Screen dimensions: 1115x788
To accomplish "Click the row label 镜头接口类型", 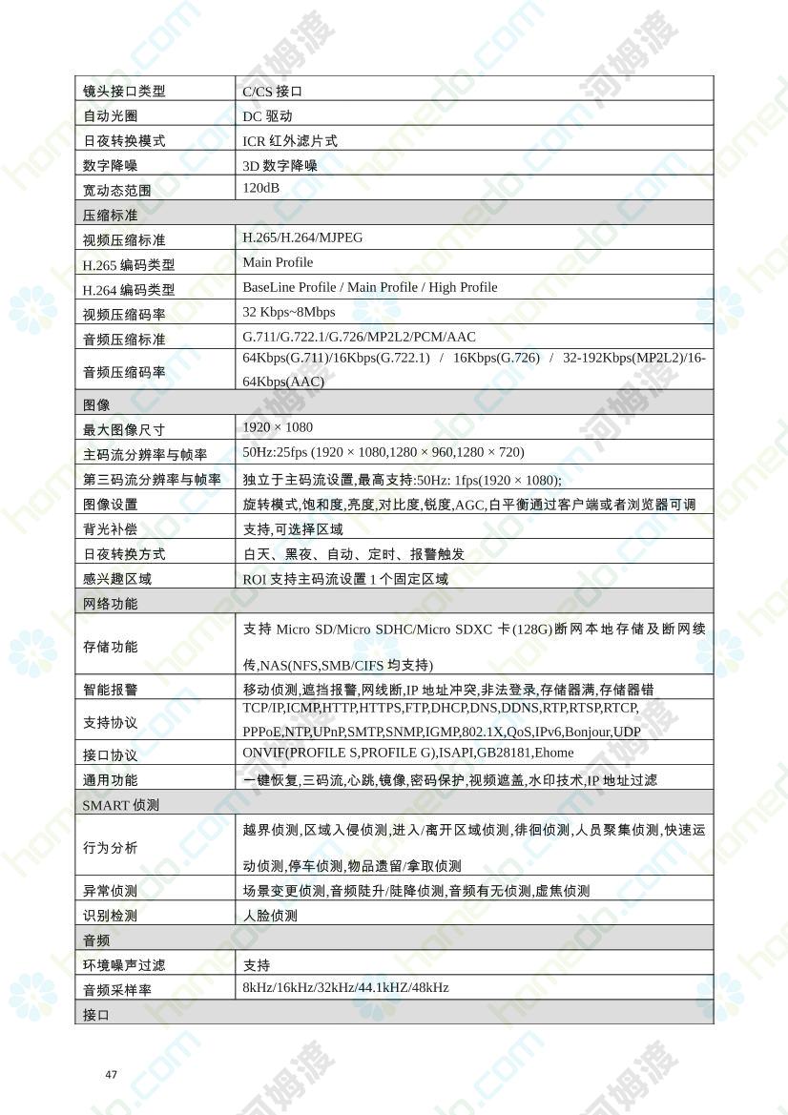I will click(x=124, y=92).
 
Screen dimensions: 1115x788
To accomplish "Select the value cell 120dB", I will click(x=261, y=189).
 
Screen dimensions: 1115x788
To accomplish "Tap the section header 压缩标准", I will click(x=111, y=215).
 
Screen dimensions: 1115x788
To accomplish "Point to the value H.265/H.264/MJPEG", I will click(x=302, y=237).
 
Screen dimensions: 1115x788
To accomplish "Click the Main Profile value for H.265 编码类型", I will click(x=278, y=262).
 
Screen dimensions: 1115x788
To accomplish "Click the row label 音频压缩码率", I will click(x=124, y=372).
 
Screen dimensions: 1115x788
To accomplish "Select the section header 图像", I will click(x=97, y=404).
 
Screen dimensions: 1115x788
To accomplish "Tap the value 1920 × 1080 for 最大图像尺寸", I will click(x=278, y=427).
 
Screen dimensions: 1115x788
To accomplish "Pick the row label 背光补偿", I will click(x=111, y=528).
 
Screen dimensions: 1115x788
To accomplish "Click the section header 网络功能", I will click(x=111, y=604).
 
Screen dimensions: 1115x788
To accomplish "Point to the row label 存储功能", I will click(x=111, y=647).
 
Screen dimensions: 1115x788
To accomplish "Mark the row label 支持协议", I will click(x=111, y=723).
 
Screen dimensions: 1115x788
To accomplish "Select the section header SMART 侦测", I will click(x=121, y=805).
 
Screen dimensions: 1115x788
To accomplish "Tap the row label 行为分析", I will click(x=111, y=848).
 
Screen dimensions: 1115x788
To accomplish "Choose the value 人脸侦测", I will click(x=270, y=916).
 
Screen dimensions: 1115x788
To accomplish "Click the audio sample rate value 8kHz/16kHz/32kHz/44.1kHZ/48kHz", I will click(x=345, y=988).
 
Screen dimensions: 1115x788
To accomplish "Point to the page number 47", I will click(x=112, y=1075).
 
